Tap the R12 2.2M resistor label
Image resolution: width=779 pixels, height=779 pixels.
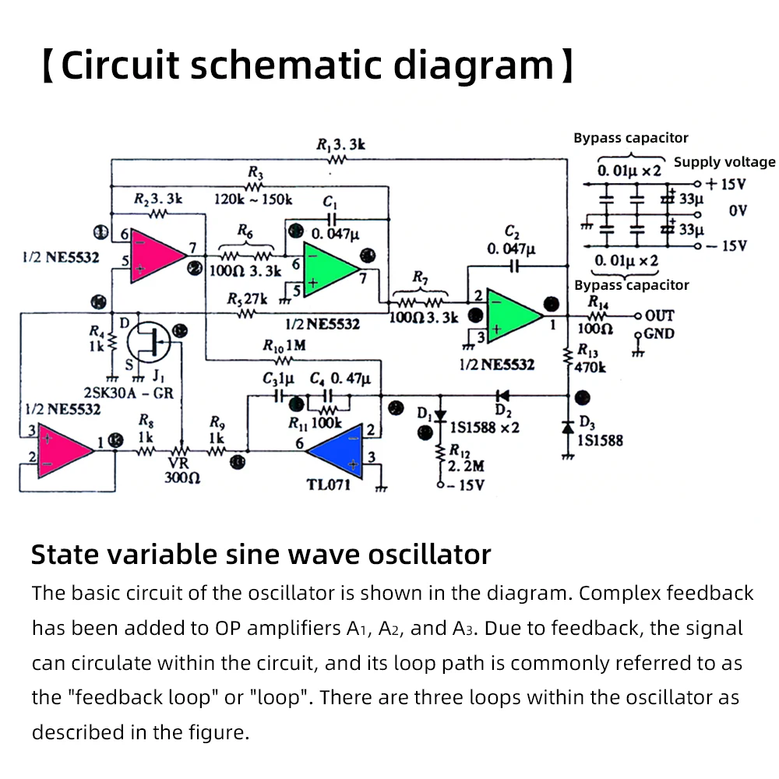tap(465, 459)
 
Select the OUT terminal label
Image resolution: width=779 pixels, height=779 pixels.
tap(659, 315)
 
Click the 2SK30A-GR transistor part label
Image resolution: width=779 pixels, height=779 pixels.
tap(128, 393)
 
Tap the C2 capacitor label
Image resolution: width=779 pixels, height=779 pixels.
tap(512, 241)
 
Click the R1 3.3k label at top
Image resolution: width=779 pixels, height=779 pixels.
tap(340, 144)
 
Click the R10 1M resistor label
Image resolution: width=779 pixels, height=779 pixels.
tap(284, 346)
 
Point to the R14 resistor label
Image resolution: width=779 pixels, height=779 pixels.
tap(598, 301)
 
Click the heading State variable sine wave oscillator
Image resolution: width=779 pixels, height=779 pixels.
tap(261, 555)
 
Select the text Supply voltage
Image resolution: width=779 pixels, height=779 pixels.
tap(724, 162)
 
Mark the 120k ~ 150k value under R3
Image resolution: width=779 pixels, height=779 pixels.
tap(253, 199)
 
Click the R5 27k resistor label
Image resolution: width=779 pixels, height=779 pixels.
tap(247, 299)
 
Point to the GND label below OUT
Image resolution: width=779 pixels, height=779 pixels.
tap(659, 334)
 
